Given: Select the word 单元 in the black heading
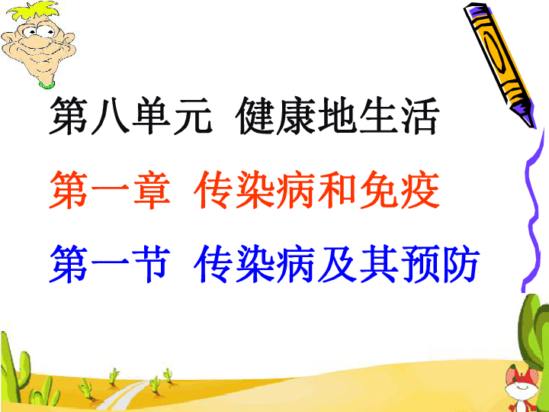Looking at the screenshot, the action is [172, 116].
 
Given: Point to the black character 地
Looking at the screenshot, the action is [336, 116].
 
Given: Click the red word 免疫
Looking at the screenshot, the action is [399, 190].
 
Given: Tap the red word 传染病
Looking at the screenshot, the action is [254, 190].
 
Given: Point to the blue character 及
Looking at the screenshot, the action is [337, 263].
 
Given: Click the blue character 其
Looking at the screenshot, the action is [379, 263].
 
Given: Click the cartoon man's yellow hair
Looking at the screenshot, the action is [34, 11].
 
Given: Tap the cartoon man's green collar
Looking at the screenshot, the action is [47, 85].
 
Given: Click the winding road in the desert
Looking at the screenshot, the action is [124, 396].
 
